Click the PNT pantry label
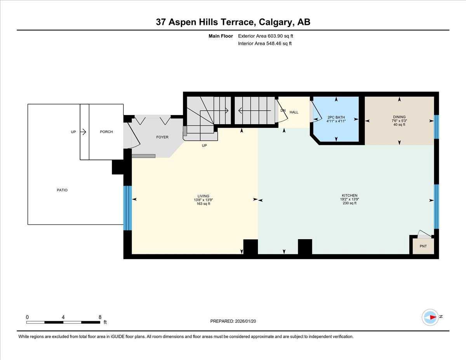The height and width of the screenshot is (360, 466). click(423, 246)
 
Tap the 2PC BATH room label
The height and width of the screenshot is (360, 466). click(336, 117)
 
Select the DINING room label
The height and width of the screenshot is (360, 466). click(399, 117)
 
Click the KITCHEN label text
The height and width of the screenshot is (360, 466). click(349, 195)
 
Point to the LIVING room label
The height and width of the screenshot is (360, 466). click(203, 196)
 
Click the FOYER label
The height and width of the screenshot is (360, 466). click(162, 137)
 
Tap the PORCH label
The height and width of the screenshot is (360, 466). click(106, 132)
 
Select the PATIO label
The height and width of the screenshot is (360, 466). click(62, 190)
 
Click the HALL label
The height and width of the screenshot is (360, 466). click(294, 112)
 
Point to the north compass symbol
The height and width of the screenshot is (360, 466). click(430, 317)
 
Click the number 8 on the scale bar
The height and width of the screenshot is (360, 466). click(100, 317)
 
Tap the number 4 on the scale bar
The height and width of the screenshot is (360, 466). click(63, 317)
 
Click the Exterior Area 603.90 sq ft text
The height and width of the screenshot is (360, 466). click(265, 36)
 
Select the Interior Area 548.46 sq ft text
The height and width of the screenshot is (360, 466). click(264, 43)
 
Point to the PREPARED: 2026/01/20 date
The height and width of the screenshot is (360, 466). click(233, 321)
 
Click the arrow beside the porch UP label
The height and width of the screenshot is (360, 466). click(83, 132)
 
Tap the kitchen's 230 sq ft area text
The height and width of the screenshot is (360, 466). click(349, 203)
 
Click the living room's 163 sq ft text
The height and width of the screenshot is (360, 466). click(203, 203)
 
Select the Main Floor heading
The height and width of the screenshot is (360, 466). click(221, 36)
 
